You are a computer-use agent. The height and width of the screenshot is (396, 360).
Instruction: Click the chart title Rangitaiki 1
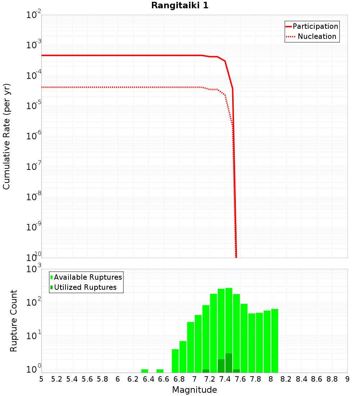point(180,6)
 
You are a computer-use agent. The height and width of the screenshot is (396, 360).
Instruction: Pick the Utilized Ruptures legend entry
point(85,287)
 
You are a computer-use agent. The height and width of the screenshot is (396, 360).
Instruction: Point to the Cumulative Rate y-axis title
point(6,136)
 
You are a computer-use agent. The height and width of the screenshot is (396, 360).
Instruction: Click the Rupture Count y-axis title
point(14,320)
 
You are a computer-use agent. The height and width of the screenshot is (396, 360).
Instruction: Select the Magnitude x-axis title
point(194,390)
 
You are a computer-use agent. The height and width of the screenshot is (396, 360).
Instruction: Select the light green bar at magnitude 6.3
point(145,371)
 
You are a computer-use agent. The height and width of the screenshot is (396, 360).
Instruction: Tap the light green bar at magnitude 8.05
point(275,341)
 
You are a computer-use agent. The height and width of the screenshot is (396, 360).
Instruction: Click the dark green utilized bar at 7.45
point(229,363)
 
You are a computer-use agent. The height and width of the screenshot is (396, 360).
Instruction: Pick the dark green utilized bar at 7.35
point(221,366)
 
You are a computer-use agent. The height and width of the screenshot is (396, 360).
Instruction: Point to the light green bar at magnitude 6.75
point(175,361)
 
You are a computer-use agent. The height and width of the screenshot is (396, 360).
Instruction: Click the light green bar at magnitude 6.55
point(160,371)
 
